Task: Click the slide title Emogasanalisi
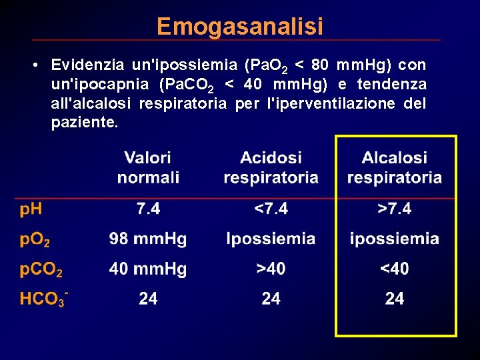click(240, 27)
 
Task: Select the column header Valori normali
click(148, 168)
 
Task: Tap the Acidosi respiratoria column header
click(271, 168)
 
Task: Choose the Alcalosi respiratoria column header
click(394, 168)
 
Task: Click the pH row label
click(31, 209)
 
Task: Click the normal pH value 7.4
click(148, 209)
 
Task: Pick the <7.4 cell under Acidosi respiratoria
click(271, 209)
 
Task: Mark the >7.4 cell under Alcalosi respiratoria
click(394, 209)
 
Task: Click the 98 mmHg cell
click(148, 239)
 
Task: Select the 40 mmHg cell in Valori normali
click(148, 269)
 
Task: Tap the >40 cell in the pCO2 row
click(271, 269)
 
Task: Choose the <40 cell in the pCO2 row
click(394, 269)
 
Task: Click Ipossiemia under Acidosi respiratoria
click(271, 239)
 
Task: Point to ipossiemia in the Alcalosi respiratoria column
click(394, 239)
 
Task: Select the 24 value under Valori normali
click(148, 299)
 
